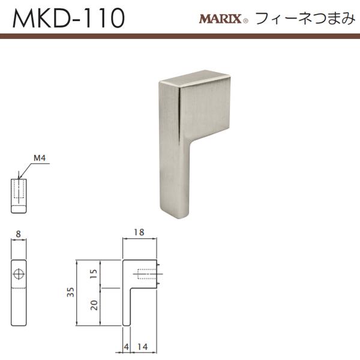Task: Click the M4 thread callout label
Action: (39, 158)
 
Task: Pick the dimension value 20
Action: (93, 305)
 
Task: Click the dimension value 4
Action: (125, 347)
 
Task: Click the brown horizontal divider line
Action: (180, 37)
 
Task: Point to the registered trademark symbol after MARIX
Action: (246, 22)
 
